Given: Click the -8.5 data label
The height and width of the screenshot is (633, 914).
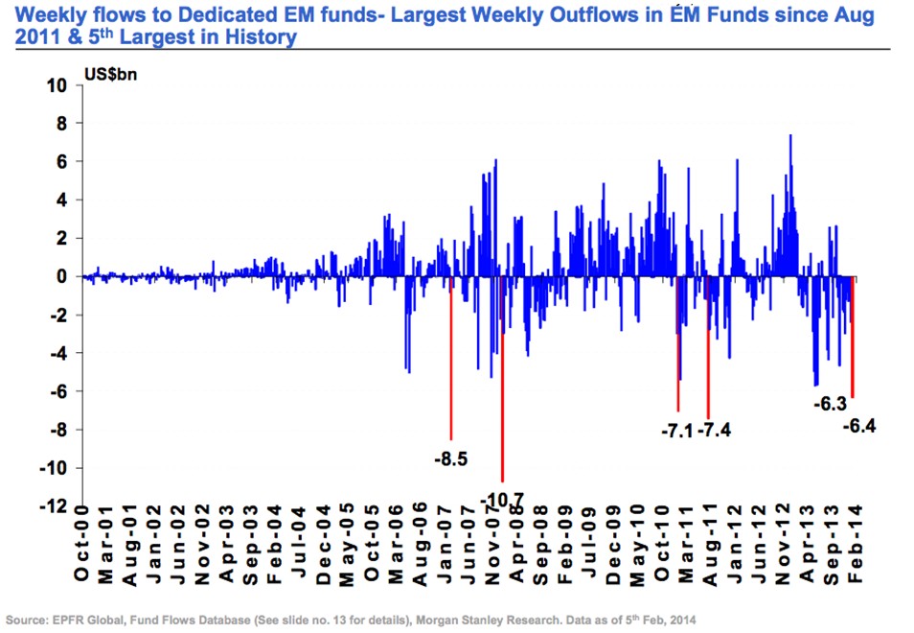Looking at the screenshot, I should tap(450, 459).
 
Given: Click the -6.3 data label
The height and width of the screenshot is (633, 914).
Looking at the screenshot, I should tap(829, 404).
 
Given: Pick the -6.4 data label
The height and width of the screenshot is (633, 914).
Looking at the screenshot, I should tap(858, 425).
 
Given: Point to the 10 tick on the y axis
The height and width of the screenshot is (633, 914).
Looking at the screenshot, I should tap(57, 85).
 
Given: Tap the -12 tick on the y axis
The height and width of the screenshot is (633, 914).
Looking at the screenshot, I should tap(54, 505).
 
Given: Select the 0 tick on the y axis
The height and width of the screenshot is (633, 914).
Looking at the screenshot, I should tap(61, 276).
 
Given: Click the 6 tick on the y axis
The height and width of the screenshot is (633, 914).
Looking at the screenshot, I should tap(61, 162).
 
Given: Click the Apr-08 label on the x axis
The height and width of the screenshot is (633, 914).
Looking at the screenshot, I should tap(515, 545).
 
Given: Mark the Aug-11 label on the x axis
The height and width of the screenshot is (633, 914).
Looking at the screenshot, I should tap(709, 545).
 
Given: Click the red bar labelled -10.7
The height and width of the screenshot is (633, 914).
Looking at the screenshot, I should tap(502, 384).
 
